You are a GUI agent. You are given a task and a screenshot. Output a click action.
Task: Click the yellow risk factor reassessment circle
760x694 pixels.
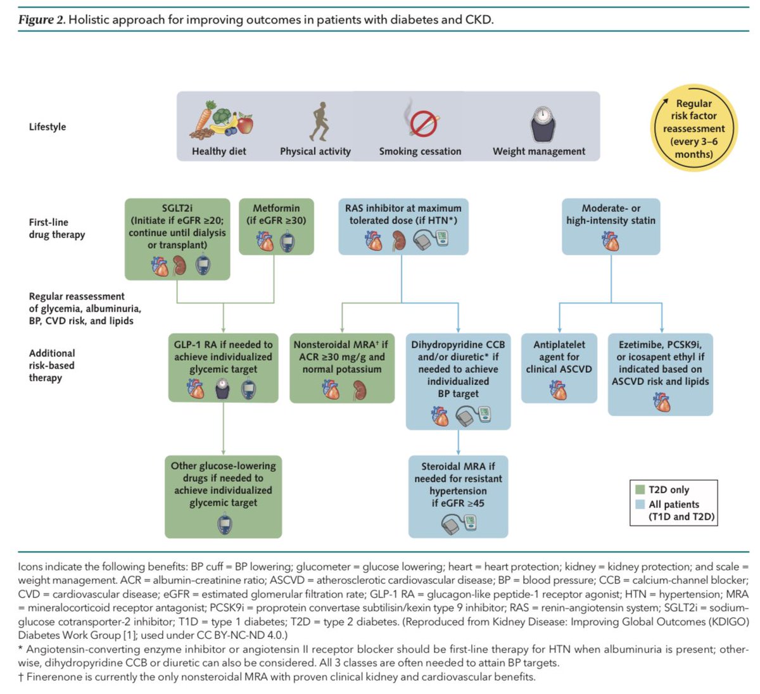tap(693, 129)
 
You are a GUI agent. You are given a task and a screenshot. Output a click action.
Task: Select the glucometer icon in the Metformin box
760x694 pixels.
tap(287, 241)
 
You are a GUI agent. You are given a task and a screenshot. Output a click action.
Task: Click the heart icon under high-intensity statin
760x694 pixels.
tap(611, 241)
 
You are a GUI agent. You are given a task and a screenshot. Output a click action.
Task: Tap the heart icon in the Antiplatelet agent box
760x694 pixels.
tap(558, 390)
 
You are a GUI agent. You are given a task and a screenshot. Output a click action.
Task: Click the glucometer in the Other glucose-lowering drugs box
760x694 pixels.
tap(224, 524)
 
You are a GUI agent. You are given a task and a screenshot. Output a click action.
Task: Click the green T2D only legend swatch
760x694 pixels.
tap(640, 489)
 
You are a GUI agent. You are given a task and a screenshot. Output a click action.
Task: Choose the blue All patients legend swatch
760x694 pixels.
tap(640, 504)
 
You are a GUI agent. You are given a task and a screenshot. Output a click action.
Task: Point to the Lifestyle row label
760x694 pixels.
tap(47, 127)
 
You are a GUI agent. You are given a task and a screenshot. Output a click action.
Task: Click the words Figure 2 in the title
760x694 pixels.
tap(41, 20)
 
